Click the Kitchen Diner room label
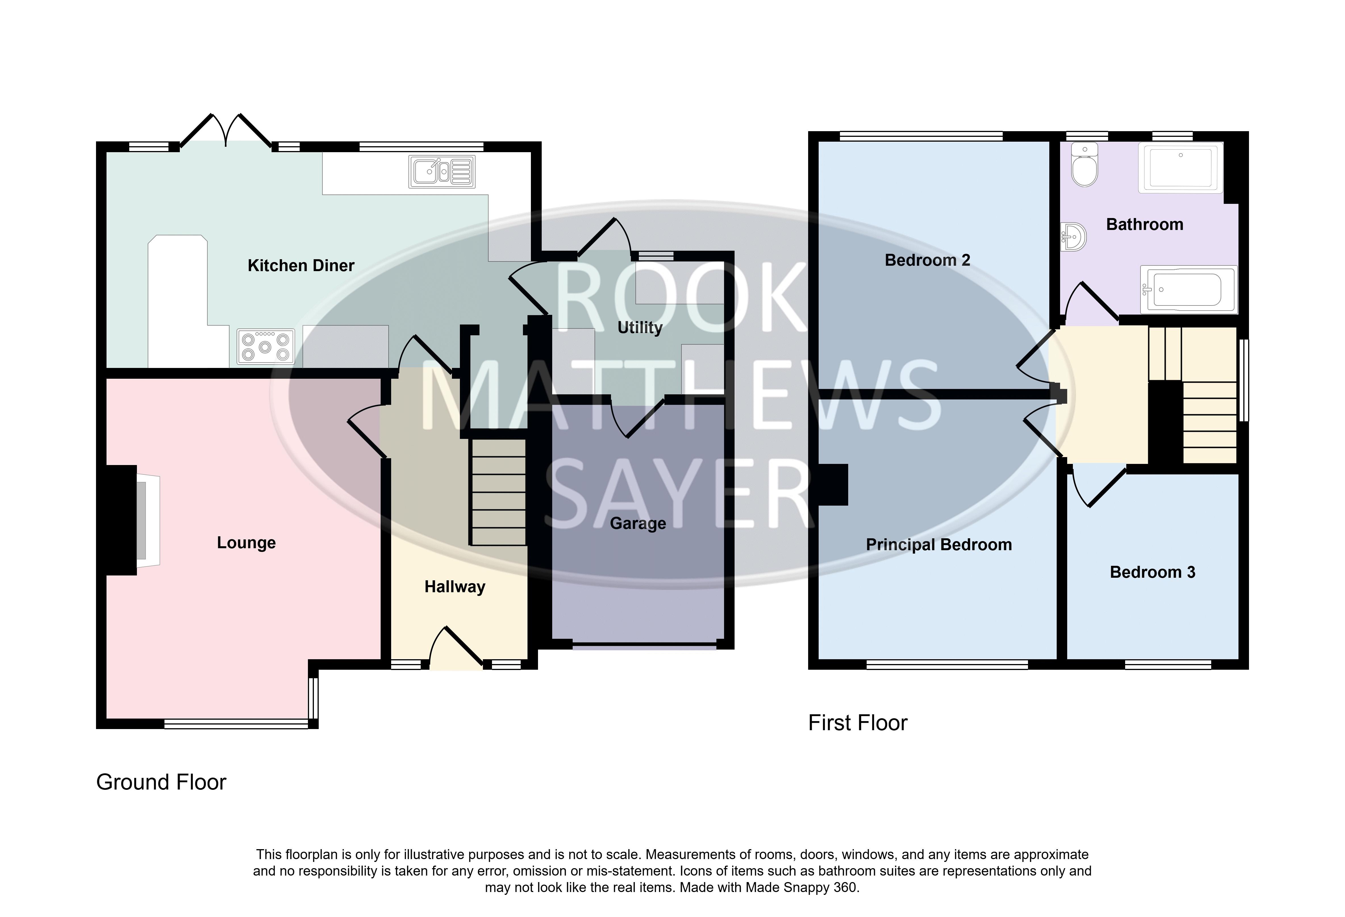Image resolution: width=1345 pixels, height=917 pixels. click(301, 265)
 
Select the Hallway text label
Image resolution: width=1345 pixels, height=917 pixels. click(455, 587)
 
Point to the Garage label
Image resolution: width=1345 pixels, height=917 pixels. click(638, 524)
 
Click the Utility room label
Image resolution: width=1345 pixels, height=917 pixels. click(640, 328)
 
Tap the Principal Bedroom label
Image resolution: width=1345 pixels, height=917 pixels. click(939, 545)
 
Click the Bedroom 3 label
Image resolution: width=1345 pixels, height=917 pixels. click(1152, 572)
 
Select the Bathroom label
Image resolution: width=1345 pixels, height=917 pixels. click(1145, 225)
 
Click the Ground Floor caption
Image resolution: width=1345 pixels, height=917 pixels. click(161, 782)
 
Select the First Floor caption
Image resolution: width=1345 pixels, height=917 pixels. click(858, 723)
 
